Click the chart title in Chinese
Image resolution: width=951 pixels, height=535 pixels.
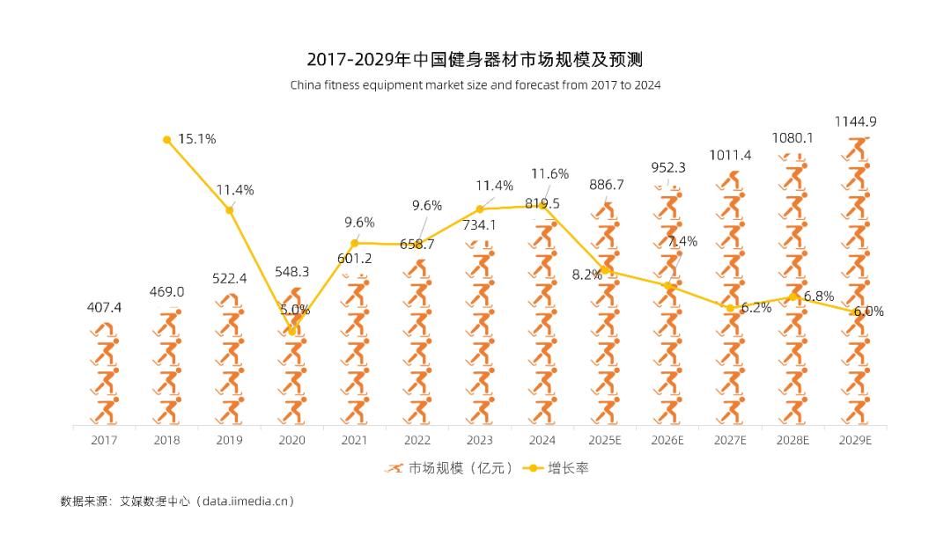pos(475,60)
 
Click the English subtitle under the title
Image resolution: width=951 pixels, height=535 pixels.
pos(475,85)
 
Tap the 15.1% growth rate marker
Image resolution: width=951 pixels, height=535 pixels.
pos(166,139)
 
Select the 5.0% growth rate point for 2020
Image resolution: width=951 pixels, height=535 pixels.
pos(292,331)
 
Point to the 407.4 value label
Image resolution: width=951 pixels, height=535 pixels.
pos(104,307)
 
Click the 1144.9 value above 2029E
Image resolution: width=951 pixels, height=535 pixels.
pos(856,121)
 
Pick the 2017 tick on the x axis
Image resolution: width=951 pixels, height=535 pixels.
pos(104,439)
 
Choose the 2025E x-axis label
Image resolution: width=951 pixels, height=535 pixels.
pos(605,439)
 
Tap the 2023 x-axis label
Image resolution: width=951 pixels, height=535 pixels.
pos(480,439)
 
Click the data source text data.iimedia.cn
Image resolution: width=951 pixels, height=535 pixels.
pos(247,501)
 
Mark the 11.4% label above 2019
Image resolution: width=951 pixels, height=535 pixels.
pos(235,190)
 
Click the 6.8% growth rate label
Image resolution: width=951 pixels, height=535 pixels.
pos(818,297)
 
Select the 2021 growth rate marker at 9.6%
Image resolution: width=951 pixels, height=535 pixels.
pos(355,243)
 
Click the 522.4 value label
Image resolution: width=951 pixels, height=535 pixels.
pos(230,278)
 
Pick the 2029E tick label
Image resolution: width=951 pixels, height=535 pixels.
pos(856,439)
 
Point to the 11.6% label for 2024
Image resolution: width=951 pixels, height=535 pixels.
pos(550,173)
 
